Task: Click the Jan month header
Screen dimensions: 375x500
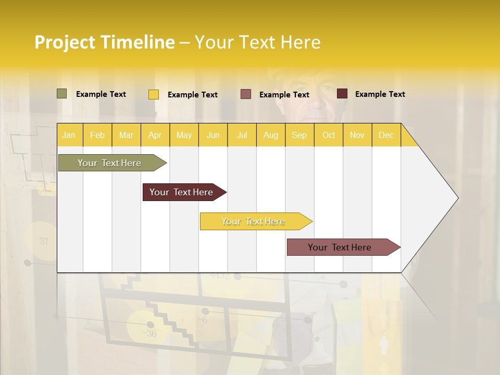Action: pyautogui.click(x=69, y=135)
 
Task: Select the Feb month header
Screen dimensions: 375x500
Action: pyautogui.click(x=97, y=135)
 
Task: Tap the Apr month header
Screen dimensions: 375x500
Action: pyautogui.click(x=155, y=135)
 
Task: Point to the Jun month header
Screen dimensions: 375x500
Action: pyautogui.click(x=213, y=135)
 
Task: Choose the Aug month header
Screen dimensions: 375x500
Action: pyautogui.click(x=270, y=135)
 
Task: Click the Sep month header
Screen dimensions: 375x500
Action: pyautogui.click(x=299, y=135)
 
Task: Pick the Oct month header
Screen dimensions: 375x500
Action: pyautogui.click(x=329, y=135)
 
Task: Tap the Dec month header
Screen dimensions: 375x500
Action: pyautogui.click(x=386, y=135)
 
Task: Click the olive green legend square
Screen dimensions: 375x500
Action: pyautogui.click(x=61, y=94)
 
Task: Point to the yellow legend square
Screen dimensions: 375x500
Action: pyautogui.click(x=154, y=94)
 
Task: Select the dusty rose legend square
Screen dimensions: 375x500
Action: pyautogui.click(x=246, y=94)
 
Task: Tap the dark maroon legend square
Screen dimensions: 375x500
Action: pyautogui.click(x=342, y=94)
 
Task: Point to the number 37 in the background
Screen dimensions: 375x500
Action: pyautogui.click(x=44, y=242)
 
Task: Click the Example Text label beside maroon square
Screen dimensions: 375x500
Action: pyautogui.click(x=380, y=94)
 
